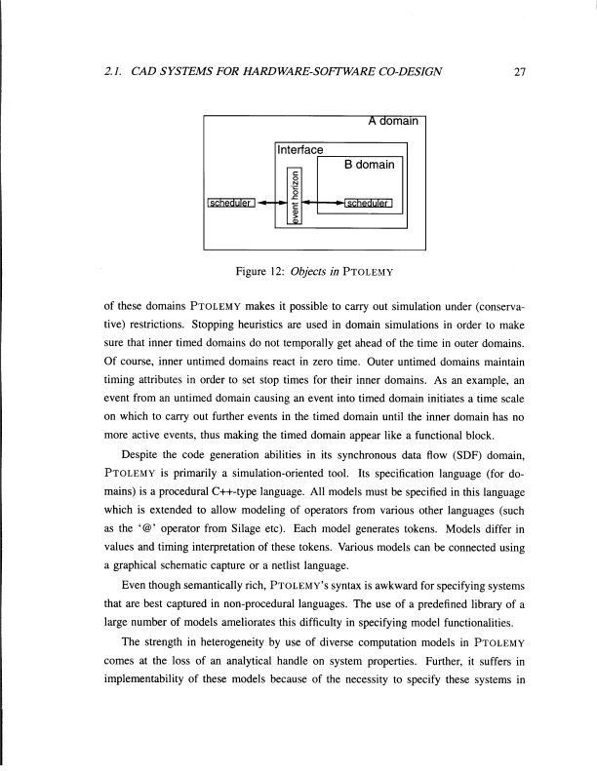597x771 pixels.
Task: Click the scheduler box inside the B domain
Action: pos(368,204)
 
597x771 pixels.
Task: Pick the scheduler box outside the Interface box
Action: pos(230,204)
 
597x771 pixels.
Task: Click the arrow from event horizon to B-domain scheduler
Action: pos(325,204)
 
